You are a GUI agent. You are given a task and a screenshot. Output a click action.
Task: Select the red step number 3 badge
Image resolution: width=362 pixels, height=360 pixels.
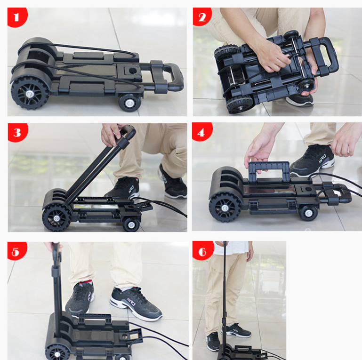click(17, 132)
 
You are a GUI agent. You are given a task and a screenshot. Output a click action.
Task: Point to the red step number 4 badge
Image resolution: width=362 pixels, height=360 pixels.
click(202, 132)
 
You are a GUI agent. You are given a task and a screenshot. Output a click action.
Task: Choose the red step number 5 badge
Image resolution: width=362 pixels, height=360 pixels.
click(16, 251)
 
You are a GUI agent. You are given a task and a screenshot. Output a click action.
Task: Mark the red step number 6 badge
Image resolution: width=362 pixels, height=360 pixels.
click(202, 251)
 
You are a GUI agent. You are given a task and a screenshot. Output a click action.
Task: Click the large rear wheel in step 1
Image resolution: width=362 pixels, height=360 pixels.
click(30, 93)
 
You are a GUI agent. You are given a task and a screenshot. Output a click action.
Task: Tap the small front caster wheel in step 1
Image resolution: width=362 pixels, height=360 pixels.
click(129, 102)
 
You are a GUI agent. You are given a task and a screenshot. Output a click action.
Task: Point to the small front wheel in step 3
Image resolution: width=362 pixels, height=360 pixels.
click(131, 224)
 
